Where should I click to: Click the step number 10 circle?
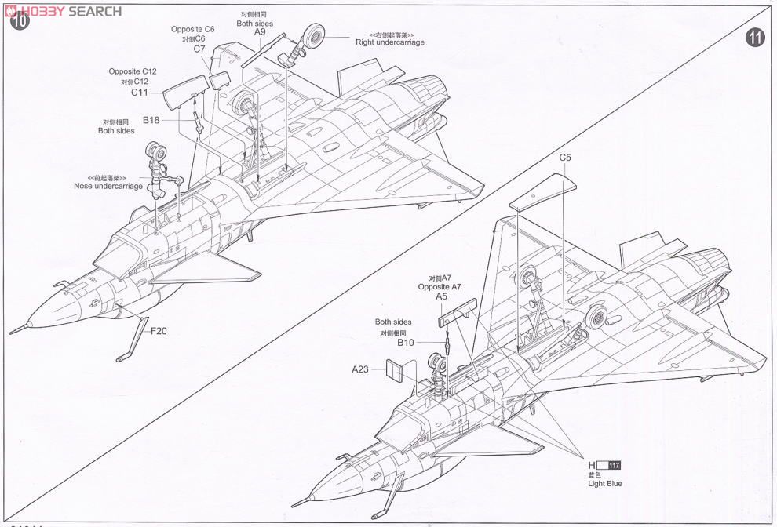click(x=20, y=21)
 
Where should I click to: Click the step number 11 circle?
click(x=756, y=37)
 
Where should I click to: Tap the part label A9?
click(x=261, y=32)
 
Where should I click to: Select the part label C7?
click(x=199, y=49)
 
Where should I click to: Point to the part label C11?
click(x=140, y=92)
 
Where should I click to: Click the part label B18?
click(x=151, y=120)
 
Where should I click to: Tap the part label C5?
click(x=565, y=158)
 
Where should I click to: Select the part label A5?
click(x=441, y=297)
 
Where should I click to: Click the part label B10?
click(x=405, y=343)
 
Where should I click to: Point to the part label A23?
click(x=360, y=369)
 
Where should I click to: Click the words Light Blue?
click(x=604, y=484)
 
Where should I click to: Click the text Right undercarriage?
click(x=390, y=42)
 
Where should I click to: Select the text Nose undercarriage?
click(x=108, y=187)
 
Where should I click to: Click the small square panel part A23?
click(x=396, y=369)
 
